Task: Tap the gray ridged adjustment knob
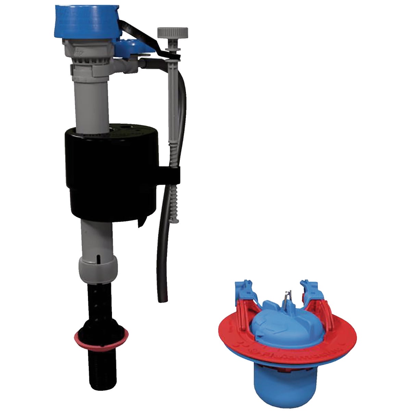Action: point(173,34)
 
